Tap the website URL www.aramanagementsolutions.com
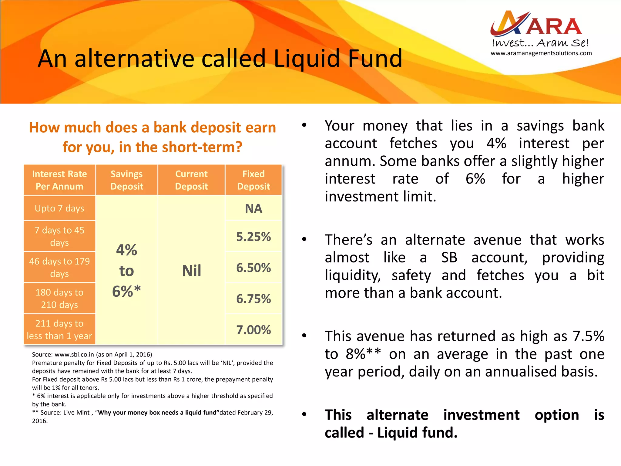coord(541,53)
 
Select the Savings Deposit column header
coord(126,180)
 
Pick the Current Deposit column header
coord(191,180)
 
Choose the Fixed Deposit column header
coord(253,180)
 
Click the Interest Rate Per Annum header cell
coord(59,180)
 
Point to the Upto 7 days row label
coord(59,208)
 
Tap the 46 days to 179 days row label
coord(59,267)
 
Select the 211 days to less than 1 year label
coord(59,329)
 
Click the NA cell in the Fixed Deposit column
coord(253,209)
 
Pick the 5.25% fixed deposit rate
coord(253,237)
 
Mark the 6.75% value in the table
coord(253,299)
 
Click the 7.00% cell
coord(253,330)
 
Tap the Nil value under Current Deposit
coord(191,271)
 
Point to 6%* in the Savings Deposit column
coord(126,291)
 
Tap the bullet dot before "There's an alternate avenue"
coord(304,240)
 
